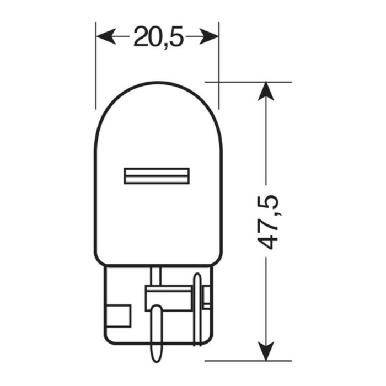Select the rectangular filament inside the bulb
click(157, 176)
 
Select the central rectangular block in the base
click(165, 298)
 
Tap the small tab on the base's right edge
click(207, 298)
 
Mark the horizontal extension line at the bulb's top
click(248, 82)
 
